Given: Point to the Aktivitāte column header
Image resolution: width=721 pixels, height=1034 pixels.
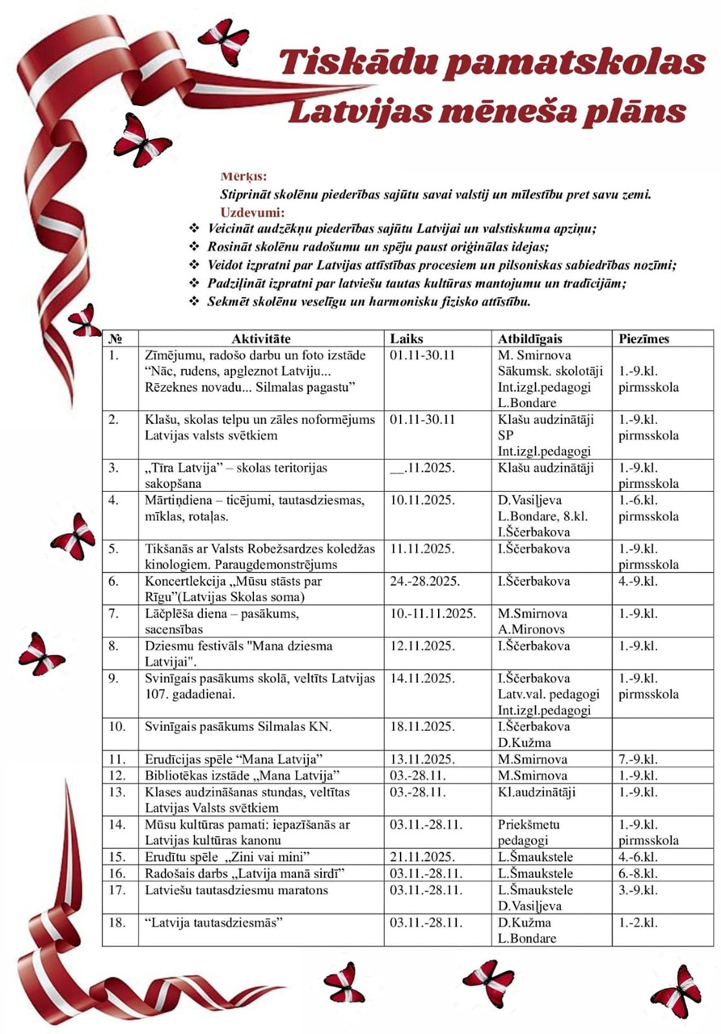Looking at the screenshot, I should pyautogui.click(x=260, y=339).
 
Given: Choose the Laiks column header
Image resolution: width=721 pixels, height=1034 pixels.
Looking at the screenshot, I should pyautogui.click(x=406, y=339).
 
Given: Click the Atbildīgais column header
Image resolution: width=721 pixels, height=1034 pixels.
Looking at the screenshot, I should pyautogui.click(x=530, y=339).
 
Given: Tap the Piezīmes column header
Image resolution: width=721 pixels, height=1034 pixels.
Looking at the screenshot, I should pyautogui.click(x=644, y=339).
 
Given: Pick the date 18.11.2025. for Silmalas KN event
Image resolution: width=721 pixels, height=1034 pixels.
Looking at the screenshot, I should pyautogui.click(x=424, y=726).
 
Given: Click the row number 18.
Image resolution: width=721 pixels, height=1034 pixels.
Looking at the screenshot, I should pyautogui.click(x=117, y=923).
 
